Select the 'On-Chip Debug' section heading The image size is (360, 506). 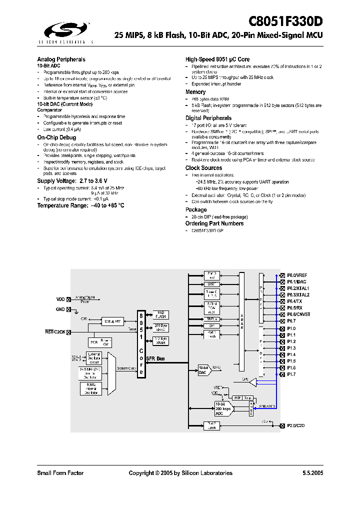point(56,137)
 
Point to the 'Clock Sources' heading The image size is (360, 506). point(203,168)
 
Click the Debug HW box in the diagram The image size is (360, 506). point(112,321)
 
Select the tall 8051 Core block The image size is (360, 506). point(142,344)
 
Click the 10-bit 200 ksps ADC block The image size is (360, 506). point(223,408)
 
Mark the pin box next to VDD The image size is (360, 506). point(68,299)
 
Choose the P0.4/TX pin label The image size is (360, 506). point(295,301)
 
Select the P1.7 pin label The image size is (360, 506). point(291,374)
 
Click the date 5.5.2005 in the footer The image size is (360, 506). point(312,473)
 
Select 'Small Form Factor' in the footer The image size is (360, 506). point(60,473)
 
